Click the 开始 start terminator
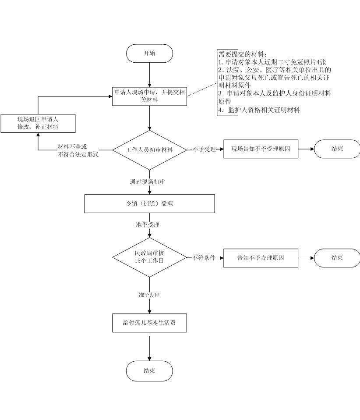(149, 53)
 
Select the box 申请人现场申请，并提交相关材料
(149, 96)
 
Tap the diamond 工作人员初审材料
(149, 150)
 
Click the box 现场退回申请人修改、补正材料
(38, 123)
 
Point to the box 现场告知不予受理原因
(261, 149)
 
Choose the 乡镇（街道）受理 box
(149, 203)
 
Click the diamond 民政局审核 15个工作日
(149, 257)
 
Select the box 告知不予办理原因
(261, 258)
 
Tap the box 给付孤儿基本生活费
(149, 323)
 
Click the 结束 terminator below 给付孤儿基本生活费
(149, 371)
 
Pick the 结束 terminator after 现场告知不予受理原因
(337, 149)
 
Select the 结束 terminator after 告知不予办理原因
(337, 258)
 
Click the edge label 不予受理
(204, 149)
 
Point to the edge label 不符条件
(204, 258)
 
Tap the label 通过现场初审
(148, 182)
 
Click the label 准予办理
(149, 295)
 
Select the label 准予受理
(148, 225)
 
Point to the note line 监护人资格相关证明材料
(259, 110)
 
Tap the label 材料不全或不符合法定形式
(78, 150)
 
